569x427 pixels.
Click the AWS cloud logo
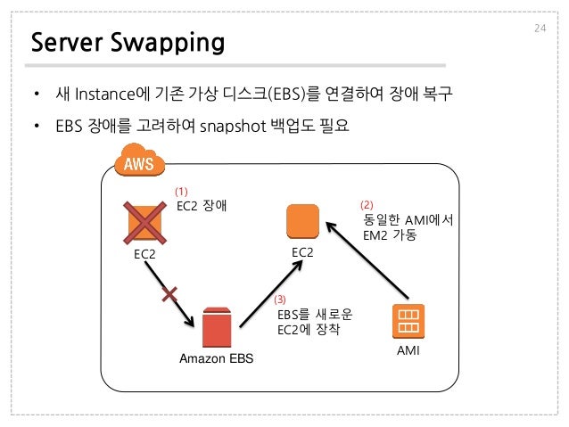pos(138,162)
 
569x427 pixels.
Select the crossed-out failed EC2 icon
pos(146,222)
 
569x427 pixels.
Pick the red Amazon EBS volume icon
pos(216,327)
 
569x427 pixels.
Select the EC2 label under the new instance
pos(303,252)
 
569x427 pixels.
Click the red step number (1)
pos(182,192)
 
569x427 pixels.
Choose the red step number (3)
pos(280,300)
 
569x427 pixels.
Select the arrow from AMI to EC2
pos(366,259)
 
